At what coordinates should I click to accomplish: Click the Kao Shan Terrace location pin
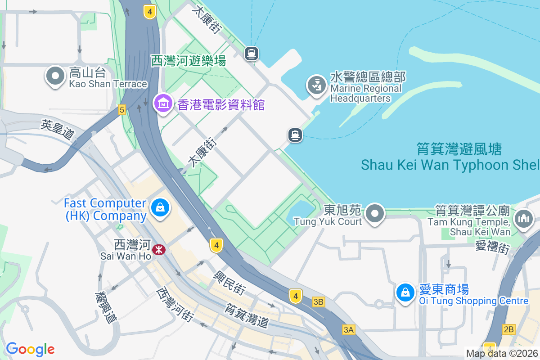coord(55,76)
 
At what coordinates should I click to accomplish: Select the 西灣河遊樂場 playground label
coord(189,60)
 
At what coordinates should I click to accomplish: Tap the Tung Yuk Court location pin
coord(375,213)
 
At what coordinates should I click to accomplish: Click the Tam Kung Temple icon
coord(523,219)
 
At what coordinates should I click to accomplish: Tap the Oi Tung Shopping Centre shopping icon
coord(405,292)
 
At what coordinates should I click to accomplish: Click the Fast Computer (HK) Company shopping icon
coord(159,207)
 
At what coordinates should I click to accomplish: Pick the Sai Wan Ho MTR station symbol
coord(158,249)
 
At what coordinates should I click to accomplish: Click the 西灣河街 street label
coord(174,305)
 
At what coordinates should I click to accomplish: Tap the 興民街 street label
coord(229,283)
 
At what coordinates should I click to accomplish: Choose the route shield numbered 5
coord(121,109)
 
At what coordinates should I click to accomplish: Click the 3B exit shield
coord(319,302)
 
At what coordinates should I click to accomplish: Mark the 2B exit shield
coord(509,329)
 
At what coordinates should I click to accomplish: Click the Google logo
coord(30,349)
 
